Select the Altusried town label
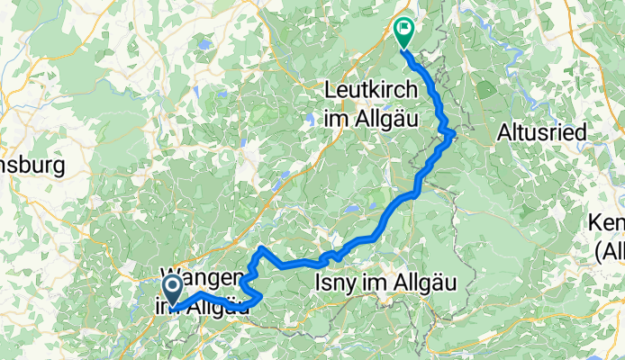(541, 132)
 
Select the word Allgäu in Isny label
(425, 283)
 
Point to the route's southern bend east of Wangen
(260, 295)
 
